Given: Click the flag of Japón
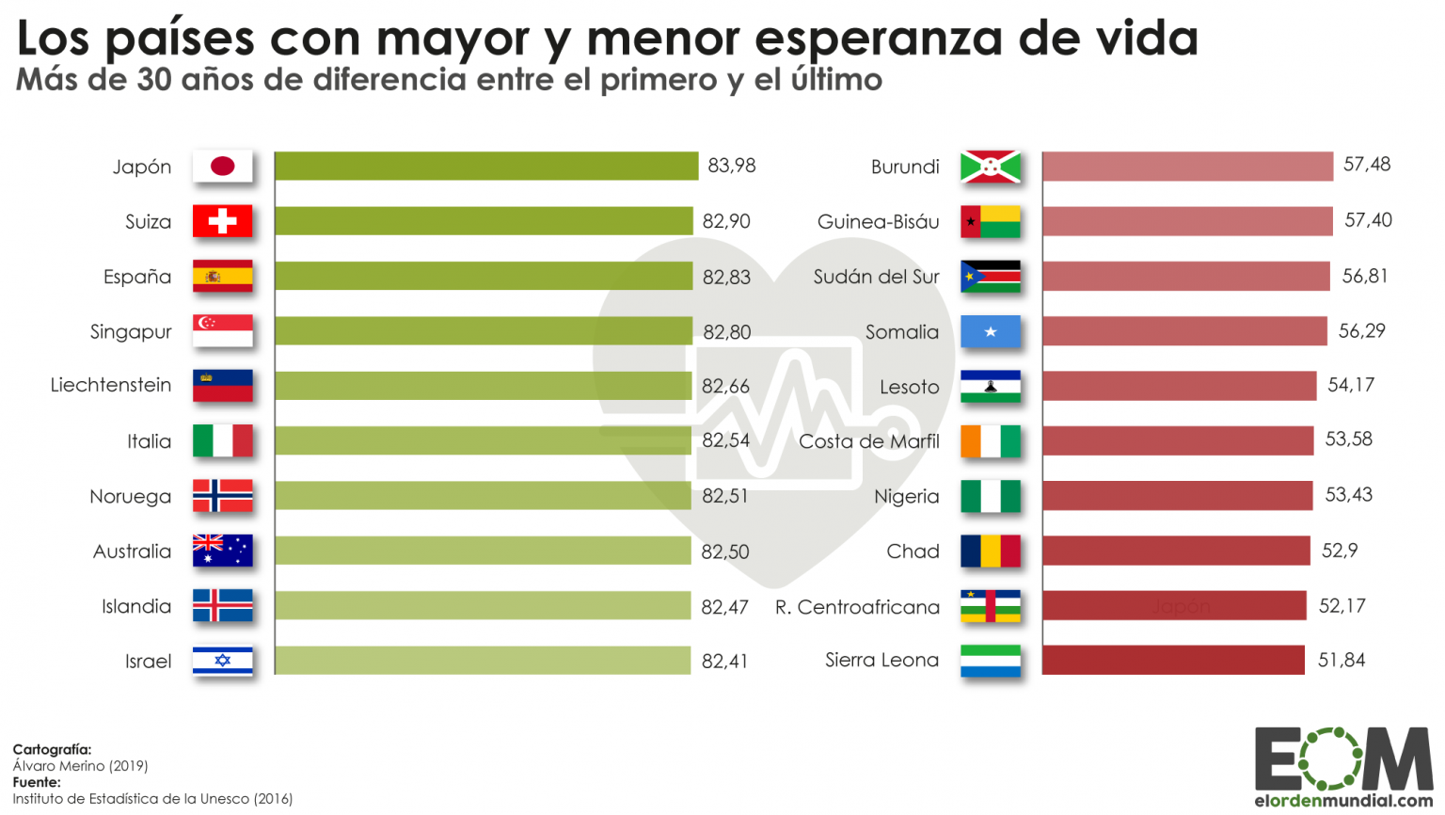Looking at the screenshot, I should click(223, 167).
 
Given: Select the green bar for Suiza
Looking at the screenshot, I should click(484, 221).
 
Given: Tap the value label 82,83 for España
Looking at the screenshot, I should click(726, 277).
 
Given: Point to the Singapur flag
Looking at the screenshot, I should click(223, 331).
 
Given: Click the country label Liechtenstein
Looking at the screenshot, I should click(111, 385).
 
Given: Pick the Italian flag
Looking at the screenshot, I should click(223, 441).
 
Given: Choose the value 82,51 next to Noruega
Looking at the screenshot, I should click(725, 496).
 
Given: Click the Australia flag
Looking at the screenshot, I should click(223, 551).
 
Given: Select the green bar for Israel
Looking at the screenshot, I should click(483, 661).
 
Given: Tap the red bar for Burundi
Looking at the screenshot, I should click(1187, 167).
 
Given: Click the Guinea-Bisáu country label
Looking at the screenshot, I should click(878, 222).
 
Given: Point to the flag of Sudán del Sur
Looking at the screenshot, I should click(991, 277).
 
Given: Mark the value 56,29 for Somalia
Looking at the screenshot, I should click(1361, 331).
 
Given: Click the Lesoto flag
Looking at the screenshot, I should click(991, 387).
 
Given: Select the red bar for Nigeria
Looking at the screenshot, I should click(1177, 496).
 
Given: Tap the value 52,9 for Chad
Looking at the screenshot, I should click(1340, 551).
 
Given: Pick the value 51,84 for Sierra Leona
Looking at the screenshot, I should click(1341, 661).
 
